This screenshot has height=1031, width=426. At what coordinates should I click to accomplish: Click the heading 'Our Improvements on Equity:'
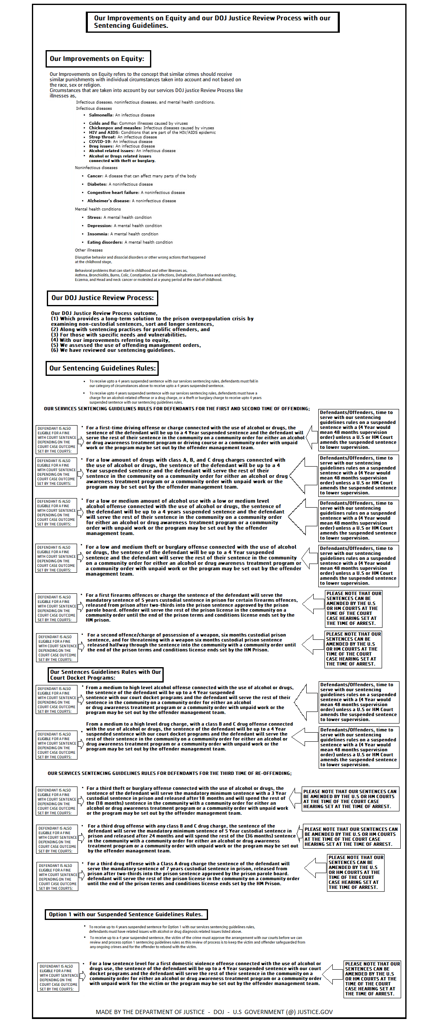pyautogui.click(x=97, y=59)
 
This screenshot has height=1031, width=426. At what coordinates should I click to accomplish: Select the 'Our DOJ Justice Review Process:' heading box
pyautogui.click(x=102, y=298)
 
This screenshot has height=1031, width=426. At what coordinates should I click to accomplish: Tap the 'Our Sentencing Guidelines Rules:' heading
pyautogui.click(x=102, y=368)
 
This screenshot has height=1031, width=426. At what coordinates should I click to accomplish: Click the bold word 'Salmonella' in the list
pyautogui.click(x=101, y=115)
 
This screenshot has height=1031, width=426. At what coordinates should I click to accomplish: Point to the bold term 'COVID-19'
pyautogui.click(x=100, y=142)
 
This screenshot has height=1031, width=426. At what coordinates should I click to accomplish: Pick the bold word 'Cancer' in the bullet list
pyautogui.click(x=95, y=176)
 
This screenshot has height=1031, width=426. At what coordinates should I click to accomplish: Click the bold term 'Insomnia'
pyautogui.click(x=97, y=234)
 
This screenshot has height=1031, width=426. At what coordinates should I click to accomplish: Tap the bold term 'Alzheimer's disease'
pyautogui.click(x=109, y=201)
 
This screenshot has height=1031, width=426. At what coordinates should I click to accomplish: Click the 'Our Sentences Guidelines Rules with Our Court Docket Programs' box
pyautogui.click(x=106, y=675)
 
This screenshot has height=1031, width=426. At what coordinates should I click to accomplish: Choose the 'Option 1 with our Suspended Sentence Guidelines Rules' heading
pyautogui.click(x=126, y=915)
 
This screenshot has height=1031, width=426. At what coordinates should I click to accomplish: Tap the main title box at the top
pyautogui.click(x=212, y=22)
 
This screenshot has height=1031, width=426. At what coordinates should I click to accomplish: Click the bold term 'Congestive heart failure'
pyautogui.click(x=113, y=193)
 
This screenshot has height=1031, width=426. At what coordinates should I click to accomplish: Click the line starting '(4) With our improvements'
pyautogui.click(x=110, y=340)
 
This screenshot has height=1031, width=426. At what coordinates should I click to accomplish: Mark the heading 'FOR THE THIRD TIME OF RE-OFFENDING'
pyautogui.click(x=169, y=773)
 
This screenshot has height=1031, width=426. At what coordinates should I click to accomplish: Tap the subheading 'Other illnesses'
pyautogui.click(x=89, y=250)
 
